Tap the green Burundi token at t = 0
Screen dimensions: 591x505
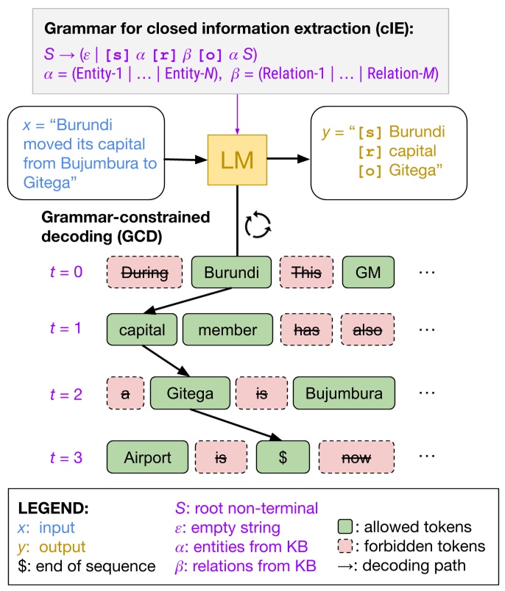click(x=232, y=273)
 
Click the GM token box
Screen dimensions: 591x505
click(x=368, y=273)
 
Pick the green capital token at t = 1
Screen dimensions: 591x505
click(x=141, y=331)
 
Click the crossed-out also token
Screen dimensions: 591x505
click(x=367, y=331)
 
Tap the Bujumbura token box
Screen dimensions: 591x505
click(x=344, y=393)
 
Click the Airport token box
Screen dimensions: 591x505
click(x=146, y=457)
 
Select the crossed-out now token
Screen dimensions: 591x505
click(x=356, y=457)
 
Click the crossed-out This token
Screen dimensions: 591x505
click(x=306, y=273)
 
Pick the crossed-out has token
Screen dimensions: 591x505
click(x=306, y=331)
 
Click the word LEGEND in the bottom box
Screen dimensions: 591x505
click(x=52, y=509)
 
